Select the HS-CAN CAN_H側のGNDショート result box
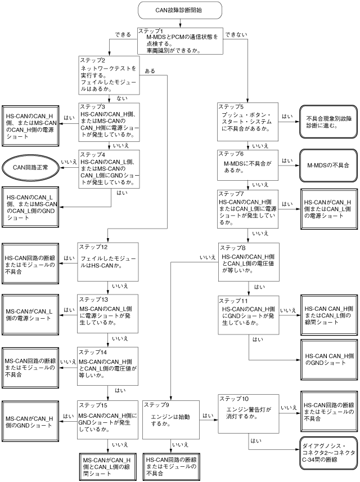pyautogui.click(x=328, y=360)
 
